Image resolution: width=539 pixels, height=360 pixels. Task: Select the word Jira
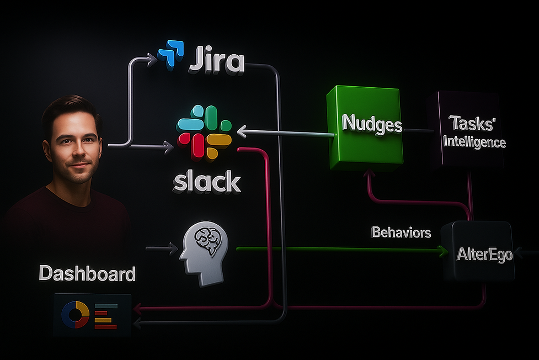[x=216, y=61]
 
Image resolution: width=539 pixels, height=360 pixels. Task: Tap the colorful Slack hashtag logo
[x=204, y=133]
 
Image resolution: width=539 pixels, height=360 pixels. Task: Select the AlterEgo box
[x=484, y=254]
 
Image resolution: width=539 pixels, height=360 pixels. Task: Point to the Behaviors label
[x=401, y=232]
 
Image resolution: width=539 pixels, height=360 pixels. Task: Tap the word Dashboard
[x=87, y=273]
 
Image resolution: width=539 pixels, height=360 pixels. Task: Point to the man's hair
[x=71, y=108]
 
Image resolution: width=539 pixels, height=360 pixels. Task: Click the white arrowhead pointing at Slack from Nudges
[x=241, y=131]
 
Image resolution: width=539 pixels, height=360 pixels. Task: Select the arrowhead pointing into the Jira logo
[x=153, y=57]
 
